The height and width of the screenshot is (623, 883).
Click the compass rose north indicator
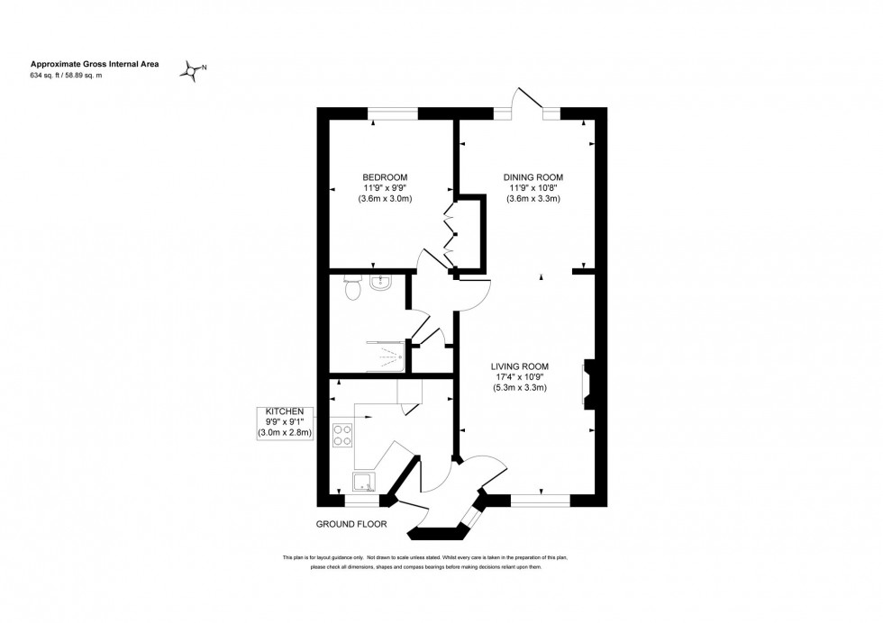coord(193,69)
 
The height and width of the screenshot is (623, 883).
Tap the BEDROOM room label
coord(385,176)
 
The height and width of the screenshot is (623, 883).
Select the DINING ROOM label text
coord(533,176)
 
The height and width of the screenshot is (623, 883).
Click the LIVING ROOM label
coord(520,366)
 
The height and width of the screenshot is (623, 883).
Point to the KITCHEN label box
coord(284,422)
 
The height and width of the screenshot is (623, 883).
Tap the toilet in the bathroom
coord(353,288)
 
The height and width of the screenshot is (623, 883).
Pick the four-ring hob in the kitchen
coord(342,435)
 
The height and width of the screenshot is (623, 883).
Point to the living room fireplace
coord(588,379)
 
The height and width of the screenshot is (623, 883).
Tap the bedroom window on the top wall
coord(393,113)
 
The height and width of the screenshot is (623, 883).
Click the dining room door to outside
coord(528,101)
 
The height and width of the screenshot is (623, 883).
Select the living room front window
coord(541,499)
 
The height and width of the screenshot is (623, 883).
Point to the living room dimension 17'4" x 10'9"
coord(520,376)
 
